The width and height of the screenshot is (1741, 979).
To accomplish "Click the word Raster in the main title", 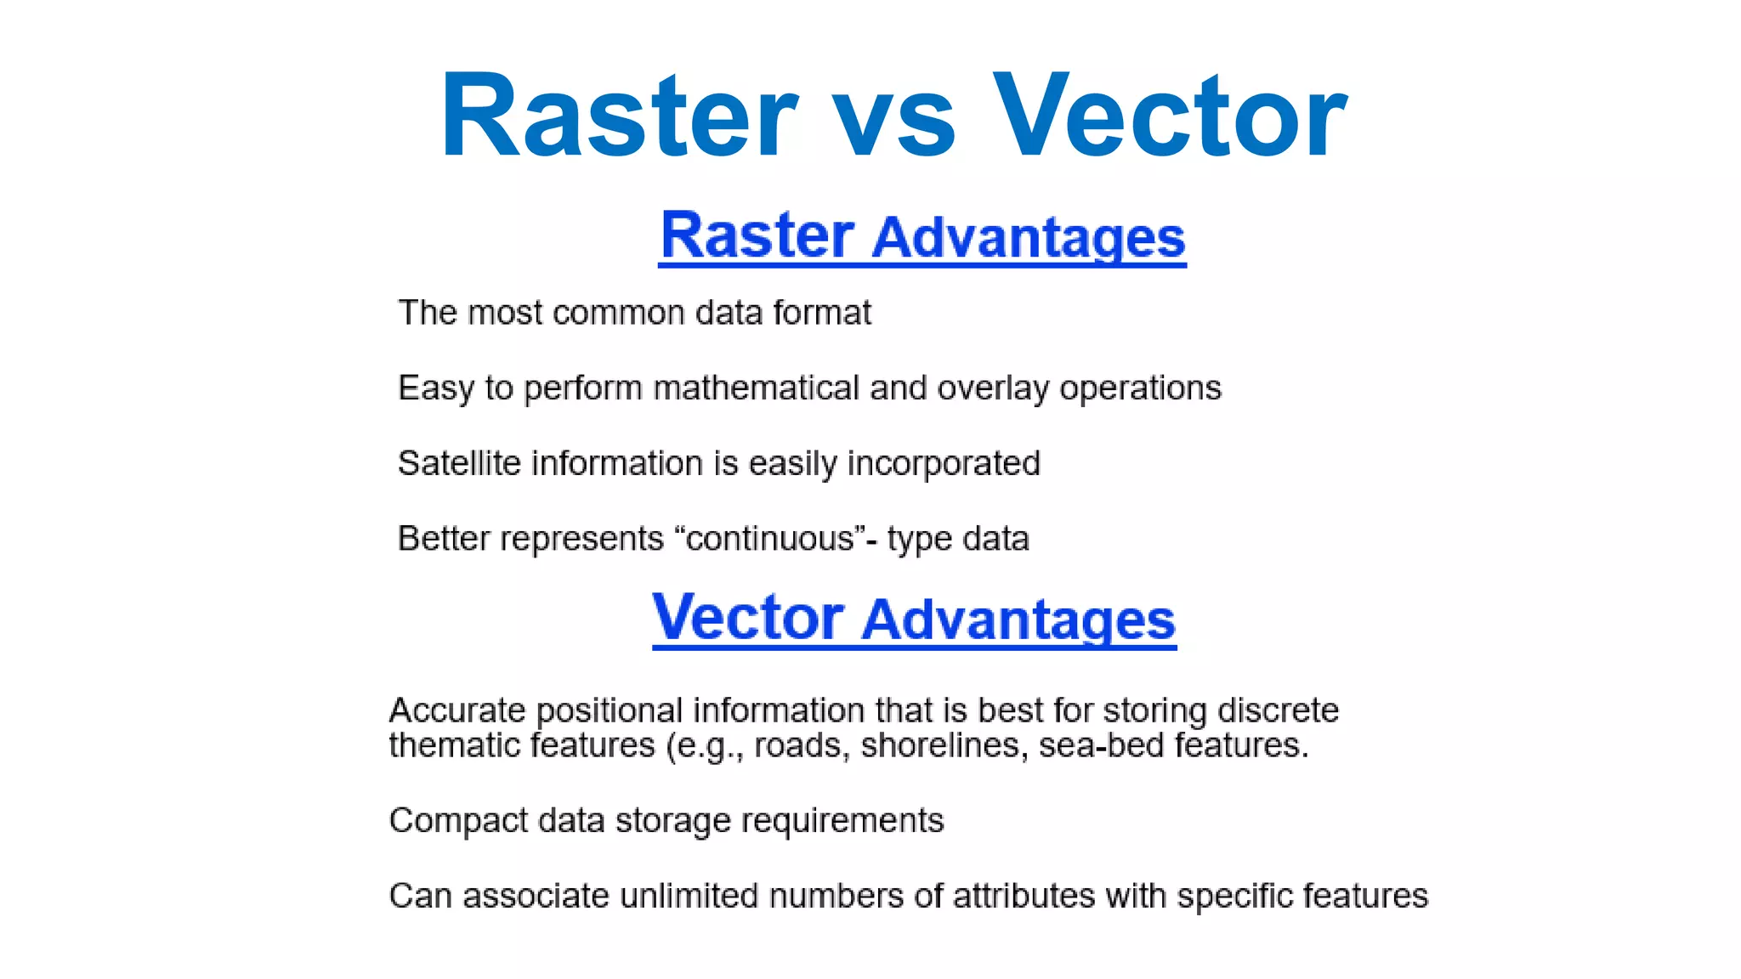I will tap(618, 116).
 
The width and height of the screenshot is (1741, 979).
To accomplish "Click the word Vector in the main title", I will tap(1170, 116).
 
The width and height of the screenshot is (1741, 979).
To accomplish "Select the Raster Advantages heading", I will tap(922, 236).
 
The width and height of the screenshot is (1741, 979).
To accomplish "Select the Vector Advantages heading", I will tap(914, 619).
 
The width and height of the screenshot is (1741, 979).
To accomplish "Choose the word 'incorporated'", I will tap(944, 464).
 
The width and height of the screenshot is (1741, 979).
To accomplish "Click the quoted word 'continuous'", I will tap(770, 539).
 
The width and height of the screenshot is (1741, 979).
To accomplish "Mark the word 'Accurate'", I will tap(457, 710).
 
